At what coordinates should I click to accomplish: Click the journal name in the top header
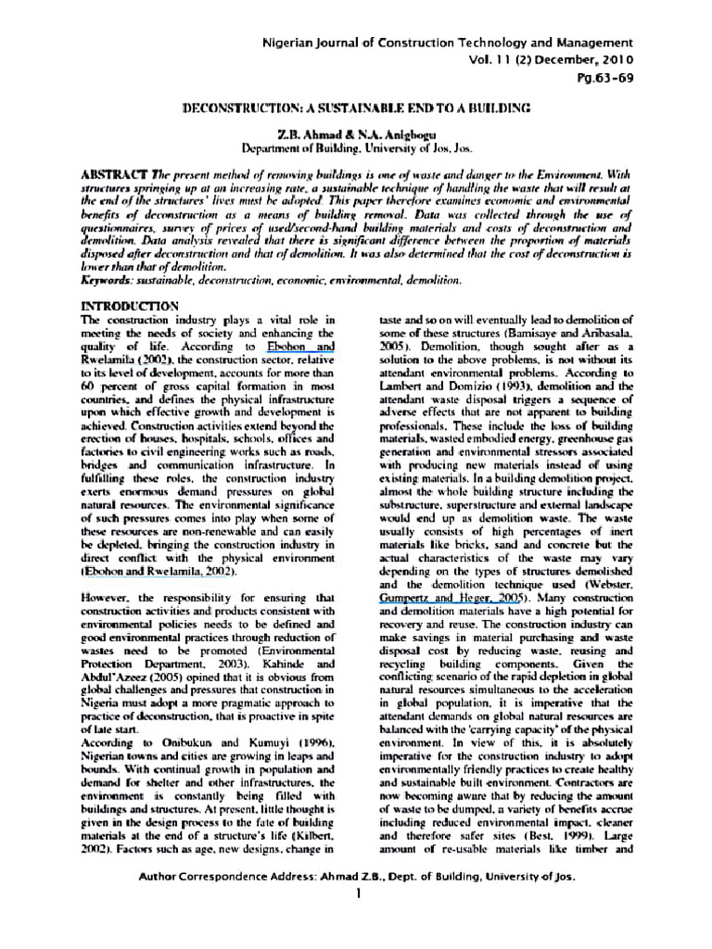click(x=449, y=44)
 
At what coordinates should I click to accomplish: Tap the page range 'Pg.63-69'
click(x=608, y=78)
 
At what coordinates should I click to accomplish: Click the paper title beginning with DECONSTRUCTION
click(x=356, y=108)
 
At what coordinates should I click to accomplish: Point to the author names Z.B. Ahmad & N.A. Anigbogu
click(x=355, y=133)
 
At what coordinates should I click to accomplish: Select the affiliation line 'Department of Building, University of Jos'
click(x=355, y=147)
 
